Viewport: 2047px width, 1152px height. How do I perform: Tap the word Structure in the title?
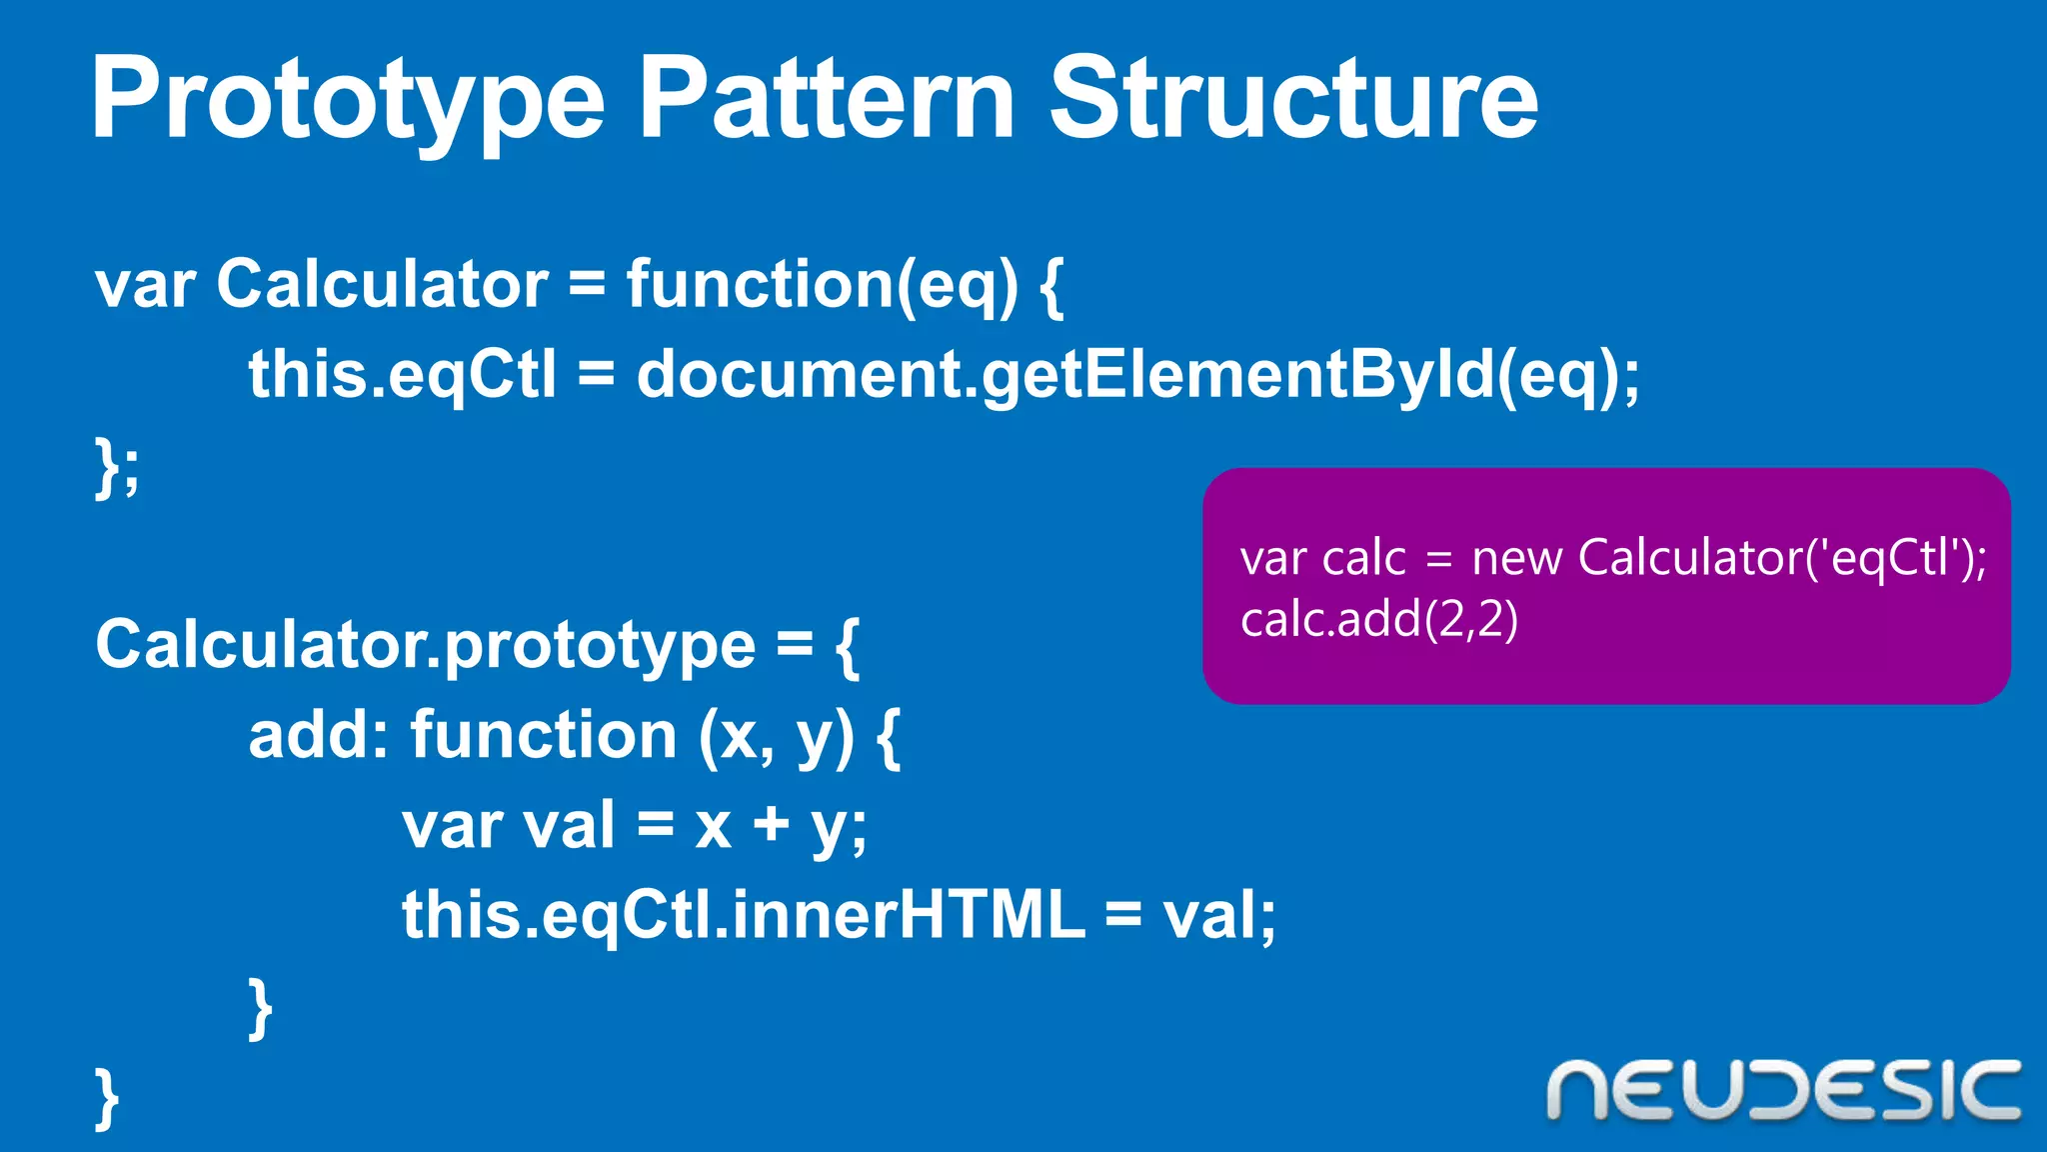pos(1293,100)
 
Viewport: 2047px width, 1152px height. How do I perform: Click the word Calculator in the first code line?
pos(382,284)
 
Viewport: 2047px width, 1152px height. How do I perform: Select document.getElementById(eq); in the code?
pos(1137,376)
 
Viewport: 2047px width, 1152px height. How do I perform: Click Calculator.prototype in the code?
pos(425,646)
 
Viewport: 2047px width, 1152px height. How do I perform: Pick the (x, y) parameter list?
pos(776,738)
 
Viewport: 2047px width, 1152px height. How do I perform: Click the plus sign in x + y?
pos(772,826)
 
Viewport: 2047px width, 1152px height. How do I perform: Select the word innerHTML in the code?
pos(908,914)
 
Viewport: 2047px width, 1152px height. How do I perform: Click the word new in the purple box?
pos(1516,558)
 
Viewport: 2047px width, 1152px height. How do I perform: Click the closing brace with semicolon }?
pos(117,468)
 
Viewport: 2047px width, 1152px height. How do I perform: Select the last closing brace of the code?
pos(107,1098)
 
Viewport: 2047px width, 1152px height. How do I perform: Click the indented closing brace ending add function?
pos(260,1008)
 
